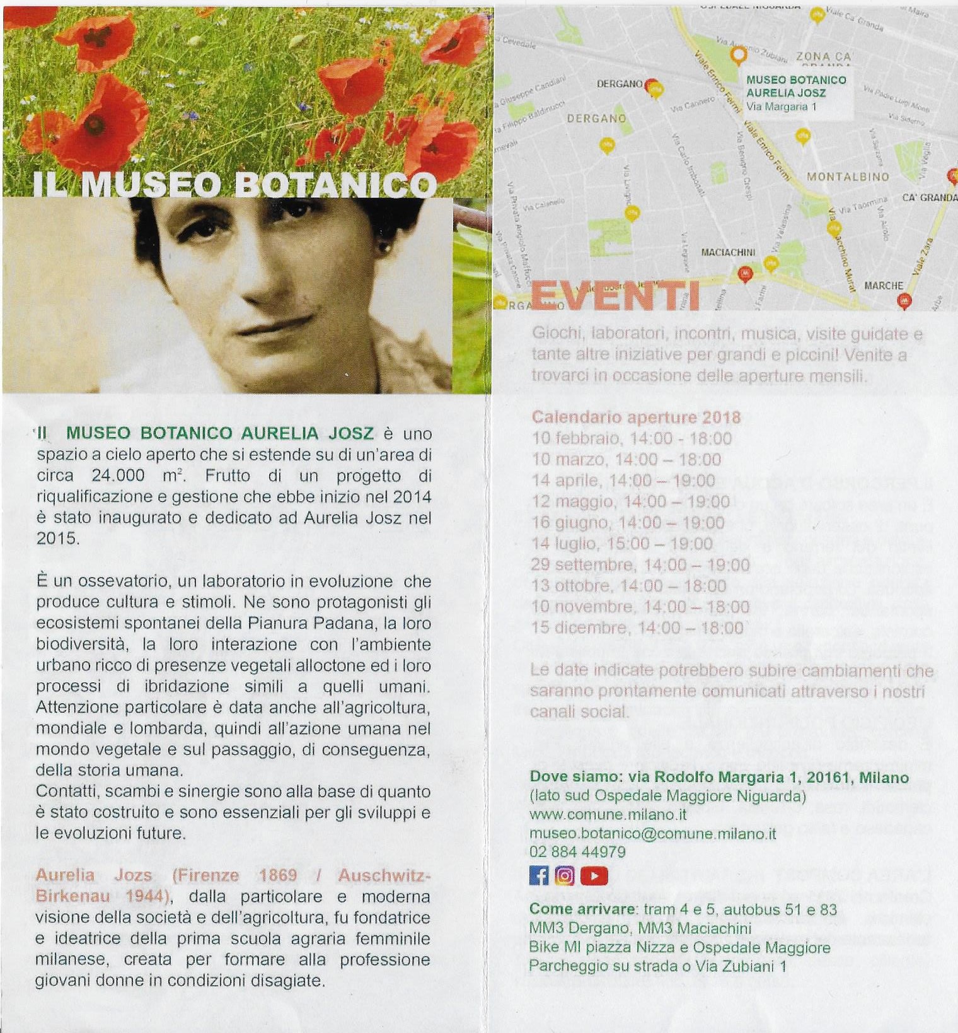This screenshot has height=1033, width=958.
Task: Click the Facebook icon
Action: point(539,875)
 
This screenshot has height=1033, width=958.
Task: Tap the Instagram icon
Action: point(565,875)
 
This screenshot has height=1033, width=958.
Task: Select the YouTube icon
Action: point(594,875)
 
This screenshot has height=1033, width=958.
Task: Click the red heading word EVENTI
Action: point(615,295)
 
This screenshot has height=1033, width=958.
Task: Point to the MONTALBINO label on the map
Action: point(848,177)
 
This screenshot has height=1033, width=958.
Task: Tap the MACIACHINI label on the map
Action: point(728,252)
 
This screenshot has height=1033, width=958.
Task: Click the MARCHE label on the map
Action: point(884,286)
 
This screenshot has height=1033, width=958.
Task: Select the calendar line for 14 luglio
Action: point(622,544)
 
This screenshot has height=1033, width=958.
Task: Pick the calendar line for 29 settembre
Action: point(640,564)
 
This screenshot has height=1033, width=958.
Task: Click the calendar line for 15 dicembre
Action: point(637,627)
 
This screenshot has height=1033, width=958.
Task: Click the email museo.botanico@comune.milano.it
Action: point(652,833)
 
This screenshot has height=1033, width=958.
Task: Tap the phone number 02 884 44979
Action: point(577,852)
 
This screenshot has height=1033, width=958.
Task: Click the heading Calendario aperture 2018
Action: point(636,417)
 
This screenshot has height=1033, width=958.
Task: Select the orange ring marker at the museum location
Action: point(737,55)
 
